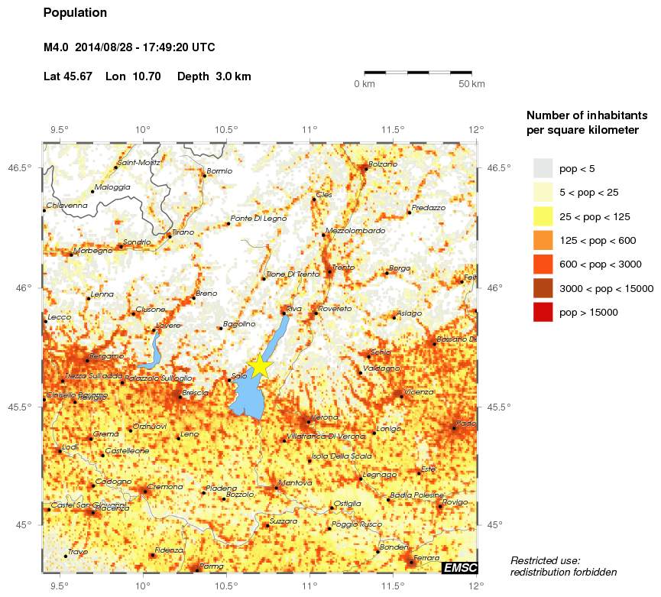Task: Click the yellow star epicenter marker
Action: pyautogui.click(x=260, y=365)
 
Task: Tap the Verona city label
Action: pyautogui.click(x=323, y=417)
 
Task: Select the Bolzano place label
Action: pyautogui.click(x=383, y=164)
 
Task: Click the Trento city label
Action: pyautogui.click(x=343, y=267)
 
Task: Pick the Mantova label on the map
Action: pyautogui.click(x=296, y=482)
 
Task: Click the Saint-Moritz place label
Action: pyautogui.click(x=138, y=162)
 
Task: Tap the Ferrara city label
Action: pyautogui.click(x=426, y=558)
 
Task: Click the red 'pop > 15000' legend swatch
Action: pyautogui.click(x=543, y=313)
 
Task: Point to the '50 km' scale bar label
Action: pyautogui.click(x=471, y=83)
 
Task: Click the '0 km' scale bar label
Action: pyautogui.click(x=364, y=83)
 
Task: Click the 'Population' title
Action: pyautogui.click(x=76, y=13)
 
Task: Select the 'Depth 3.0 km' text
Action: pyautogui.click(x=214, y=76)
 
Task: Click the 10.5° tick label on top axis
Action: pyautogui.click(x=225, y=129)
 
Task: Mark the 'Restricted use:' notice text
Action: pyautogui.click(x=546, y=560)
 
